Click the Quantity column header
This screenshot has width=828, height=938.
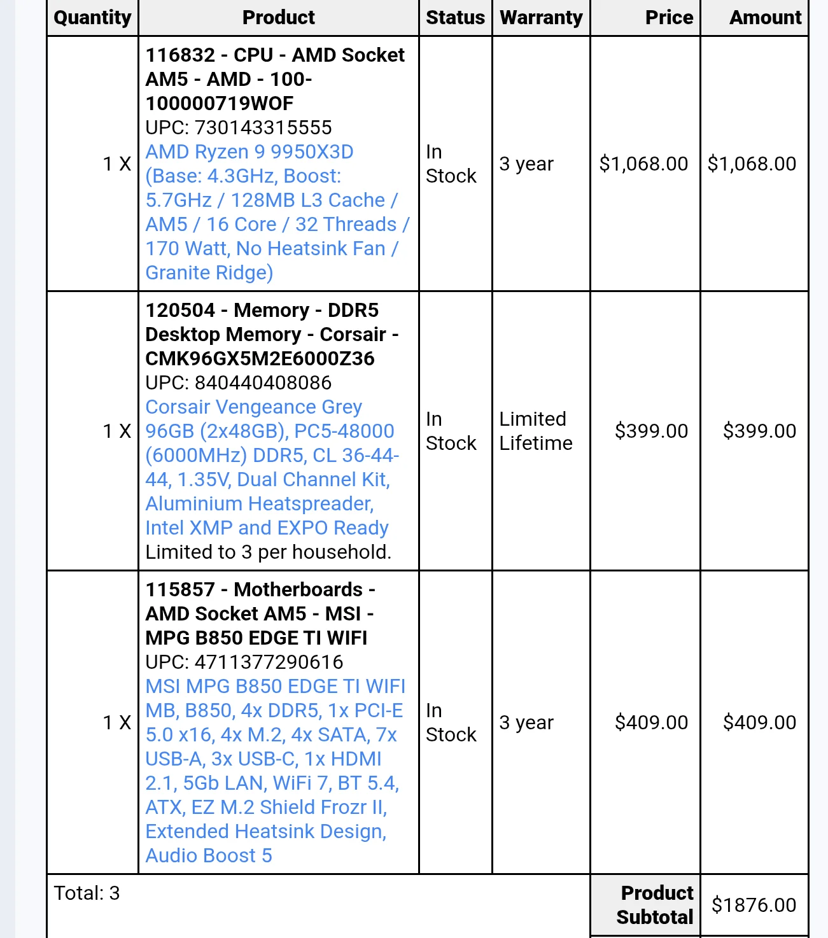tap(92, 18)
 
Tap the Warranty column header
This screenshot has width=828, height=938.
tap(541, 18)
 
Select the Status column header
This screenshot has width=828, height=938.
tap(455, 18)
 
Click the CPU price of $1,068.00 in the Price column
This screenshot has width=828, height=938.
tap(643, 164)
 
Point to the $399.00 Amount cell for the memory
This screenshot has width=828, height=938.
tap(759, 431)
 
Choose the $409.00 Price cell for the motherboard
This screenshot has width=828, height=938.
tap(651, 723)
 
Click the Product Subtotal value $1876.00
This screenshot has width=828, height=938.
tap(754, 905)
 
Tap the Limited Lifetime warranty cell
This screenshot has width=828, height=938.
tap(536, 431)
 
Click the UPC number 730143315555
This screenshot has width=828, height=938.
tap(263, 128)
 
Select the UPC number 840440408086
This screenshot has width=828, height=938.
tap(263, 383)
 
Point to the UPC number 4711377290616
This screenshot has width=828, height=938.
tap(269, 662)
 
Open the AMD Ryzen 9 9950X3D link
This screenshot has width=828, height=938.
tap(249, 152)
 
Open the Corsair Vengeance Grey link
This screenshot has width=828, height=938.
tap(253, 407)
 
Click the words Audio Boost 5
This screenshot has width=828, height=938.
tap(209, 856)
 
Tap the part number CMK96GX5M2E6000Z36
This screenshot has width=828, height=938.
tap(260, 359)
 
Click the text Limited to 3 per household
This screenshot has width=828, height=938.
tap(268, 552)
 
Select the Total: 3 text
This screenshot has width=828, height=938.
tap(87, 893)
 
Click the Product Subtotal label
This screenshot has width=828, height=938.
tap(655, 905)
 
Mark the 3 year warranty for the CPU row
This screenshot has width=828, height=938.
tap(526, 164)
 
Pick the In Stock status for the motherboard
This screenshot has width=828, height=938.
tap(451, 723)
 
